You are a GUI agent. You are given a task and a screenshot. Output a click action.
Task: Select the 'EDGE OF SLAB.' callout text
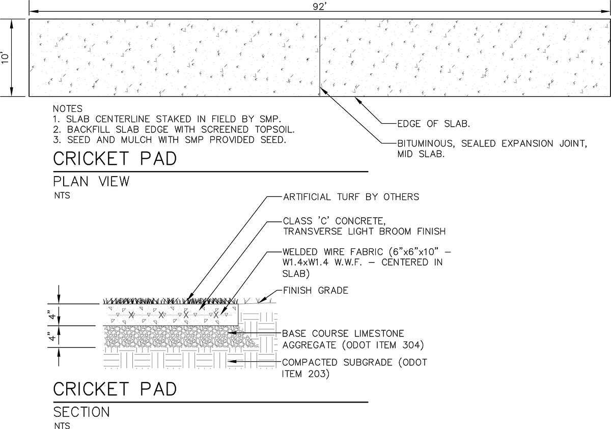[433, 124]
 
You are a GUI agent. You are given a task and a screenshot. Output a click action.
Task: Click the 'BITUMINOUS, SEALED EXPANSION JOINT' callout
[492, 144]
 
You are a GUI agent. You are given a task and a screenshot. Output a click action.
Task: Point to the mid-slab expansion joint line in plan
[319, 56]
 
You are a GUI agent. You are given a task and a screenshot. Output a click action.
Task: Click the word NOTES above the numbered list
[67, 109]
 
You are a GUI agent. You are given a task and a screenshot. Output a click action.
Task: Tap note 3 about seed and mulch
[168, 139]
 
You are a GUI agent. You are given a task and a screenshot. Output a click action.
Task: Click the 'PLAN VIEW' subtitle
[92, 182]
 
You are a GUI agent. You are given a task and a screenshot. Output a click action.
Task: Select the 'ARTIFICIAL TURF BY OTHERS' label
[351, 197]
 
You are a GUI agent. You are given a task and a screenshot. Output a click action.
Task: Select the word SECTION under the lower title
[81, 412]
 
